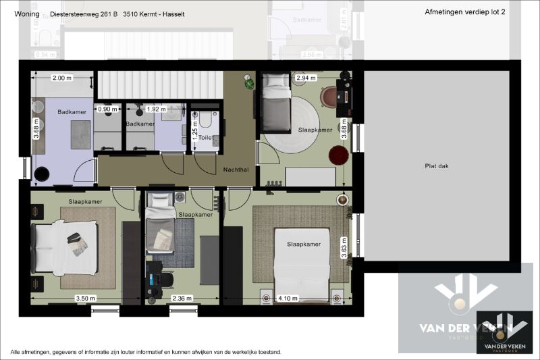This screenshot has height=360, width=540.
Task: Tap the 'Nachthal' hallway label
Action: coord(236,170)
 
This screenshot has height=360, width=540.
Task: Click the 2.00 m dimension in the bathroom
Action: coord(61,78)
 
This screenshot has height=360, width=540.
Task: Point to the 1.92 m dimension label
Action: coord(156,108)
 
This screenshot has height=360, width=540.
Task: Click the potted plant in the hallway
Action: coord(250,83)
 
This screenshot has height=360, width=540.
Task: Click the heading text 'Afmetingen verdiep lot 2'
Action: coord(466,12)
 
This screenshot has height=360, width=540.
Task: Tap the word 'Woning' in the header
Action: coord(26,12)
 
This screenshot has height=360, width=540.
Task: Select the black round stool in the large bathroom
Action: coord(43,174)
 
